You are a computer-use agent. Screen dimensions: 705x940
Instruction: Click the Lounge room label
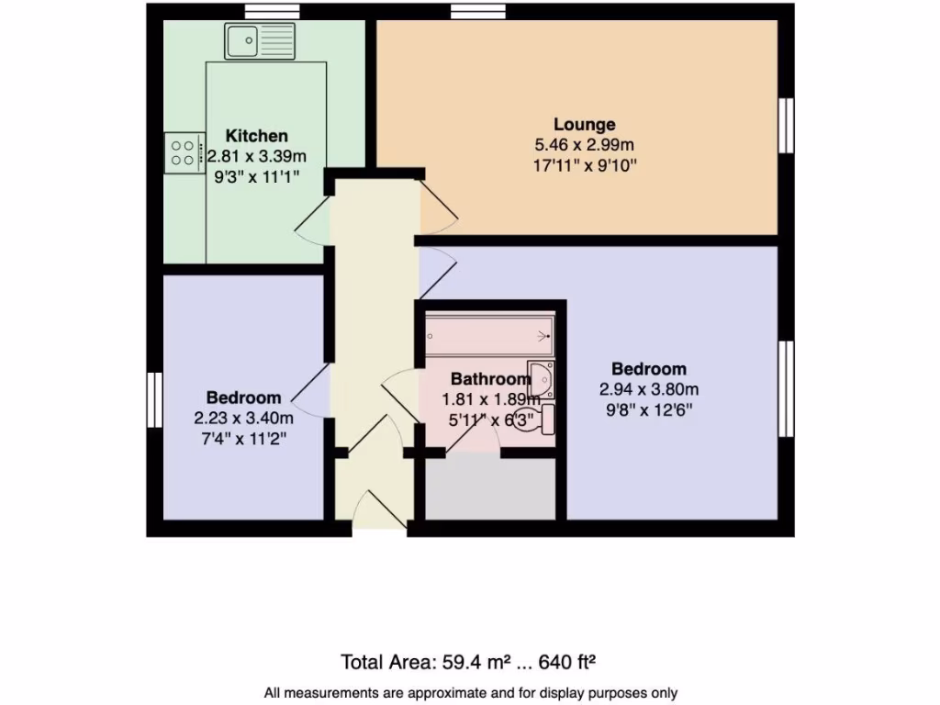(584, 124)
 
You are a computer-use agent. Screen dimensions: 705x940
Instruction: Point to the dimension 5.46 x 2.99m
(585, 145)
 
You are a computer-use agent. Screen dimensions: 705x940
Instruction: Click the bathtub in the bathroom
(489, 336)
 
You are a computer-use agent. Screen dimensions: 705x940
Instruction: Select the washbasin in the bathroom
(542, 376)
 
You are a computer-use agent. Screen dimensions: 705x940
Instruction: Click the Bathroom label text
(490, 378)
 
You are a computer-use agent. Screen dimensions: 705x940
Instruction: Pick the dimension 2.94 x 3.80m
(649, 389)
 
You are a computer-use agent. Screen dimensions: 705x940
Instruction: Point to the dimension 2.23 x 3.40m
(243, 419)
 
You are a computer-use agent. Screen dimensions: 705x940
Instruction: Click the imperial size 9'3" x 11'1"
(256, 176)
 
